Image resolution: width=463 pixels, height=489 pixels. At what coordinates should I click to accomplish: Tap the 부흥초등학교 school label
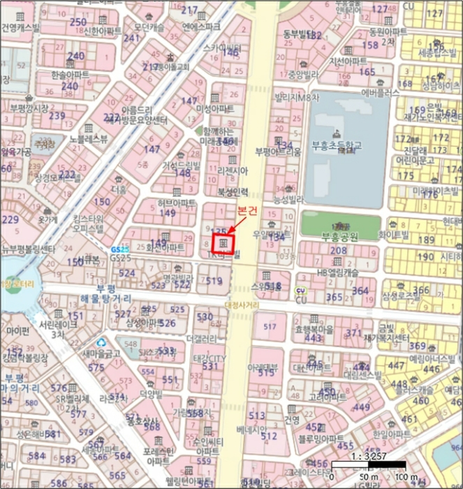tap(338, 145)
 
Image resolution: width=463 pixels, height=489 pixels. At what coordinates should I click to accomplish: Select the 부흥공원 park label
tap(339, 237)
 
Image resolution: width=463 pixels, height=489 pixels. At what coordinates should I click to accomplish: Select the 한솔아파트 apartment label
tap(70, 73)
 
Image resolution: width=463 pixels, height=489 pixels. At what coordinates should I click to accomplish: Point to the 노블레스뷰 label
tap(89, 139)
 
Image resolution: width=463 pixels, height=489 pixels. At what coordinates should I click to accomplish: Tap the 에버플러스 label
tap(380, 92)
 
